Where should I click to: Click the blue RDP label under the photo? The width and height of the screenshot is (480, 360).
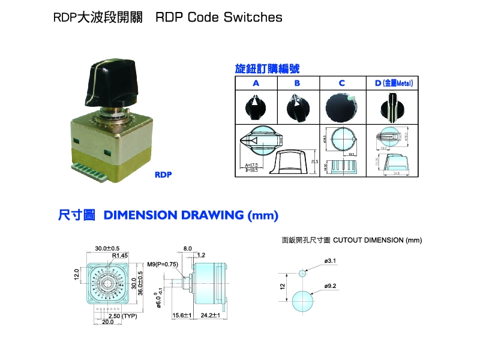click(164, 176)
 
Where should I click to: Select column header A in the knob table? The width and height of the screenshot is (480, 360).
click(255, 83)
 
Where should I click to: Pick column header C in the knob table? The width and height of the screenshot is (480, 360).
click(341, 83)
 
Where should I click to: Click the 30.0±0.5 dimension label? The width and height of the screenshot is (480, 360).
click(107, 248)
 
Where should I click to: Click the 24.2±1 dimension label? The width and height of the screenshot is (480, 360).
click(211, 316)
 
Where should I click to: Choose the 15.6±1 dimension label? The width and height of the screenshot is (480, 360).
click(182, 316)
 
